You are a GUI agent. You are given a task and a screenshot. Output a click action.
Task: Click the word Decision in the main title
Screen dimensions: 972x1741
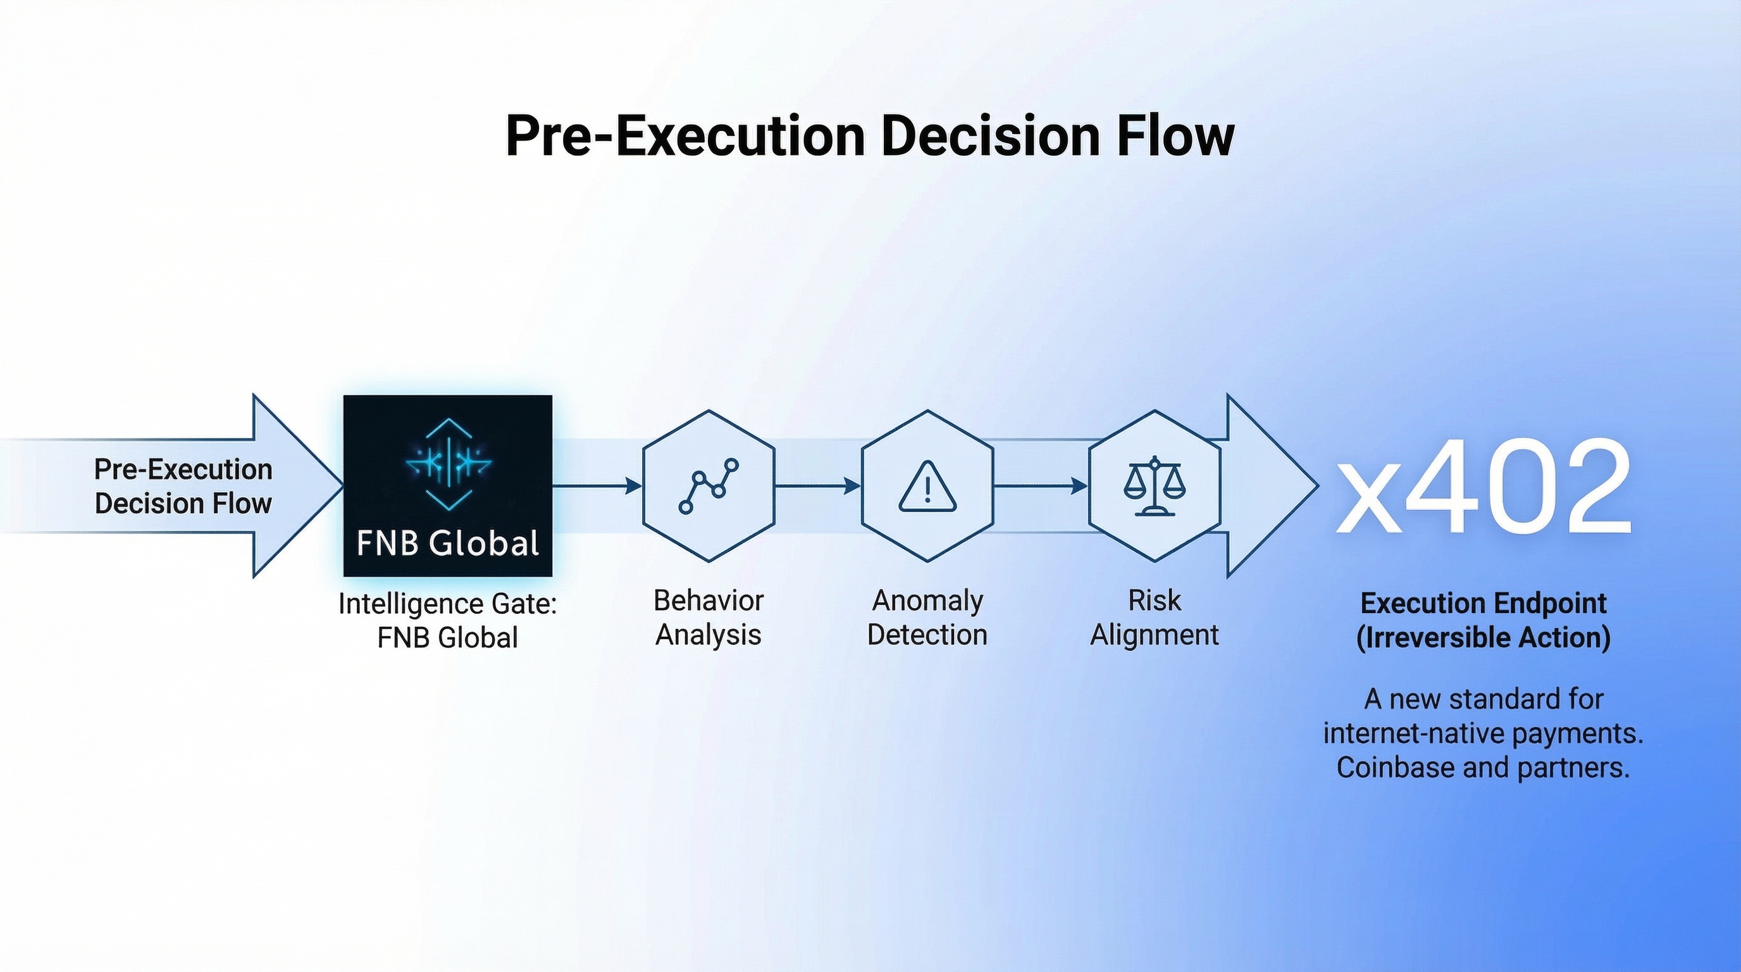pos(989,137)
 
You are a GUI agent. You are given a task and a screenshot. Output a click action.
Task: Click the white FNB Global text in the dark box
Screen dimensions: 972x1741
pos(447,543)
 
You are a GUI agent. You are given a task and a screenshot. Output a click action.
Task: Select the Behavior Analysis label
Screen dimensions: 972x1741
pos(709,617)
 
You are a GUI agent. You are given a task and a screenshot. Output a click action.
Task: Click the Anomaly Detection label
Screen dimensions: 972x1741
pos(927,617)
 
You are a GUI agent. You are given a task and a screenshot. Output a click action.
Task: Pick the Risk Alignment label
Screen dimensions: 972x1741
pos(1155,617)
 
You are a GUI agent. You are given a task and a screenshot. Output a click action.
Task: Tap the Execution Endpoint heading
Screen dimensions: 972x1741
pos(1484,603)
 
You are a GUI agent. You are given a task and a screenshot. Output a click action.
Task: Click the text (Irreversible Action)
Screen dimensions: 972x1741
pos(1484,637)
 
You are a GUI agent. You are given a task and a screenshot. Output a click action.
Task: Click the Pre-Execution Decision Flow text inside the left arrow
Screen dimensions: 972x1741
pos(183,486)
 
